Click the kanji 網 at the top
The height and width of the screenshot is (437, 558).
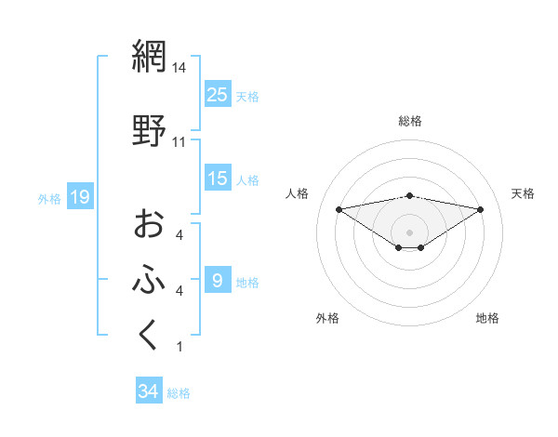coord(149,58)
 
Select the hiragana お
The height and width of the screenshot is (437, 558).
coord(149,224)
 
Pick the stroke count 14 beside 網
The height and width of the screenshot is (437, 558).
coord(179,69)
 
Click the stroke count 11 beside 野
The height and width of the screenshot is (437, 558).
coord(179,142)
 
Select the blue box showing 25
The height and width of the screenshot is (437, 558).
coord(217,94)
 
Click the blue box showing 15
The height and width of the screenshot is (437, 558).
coord(217,179)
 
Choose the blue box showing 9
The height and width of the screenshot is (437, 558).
coord(217,280)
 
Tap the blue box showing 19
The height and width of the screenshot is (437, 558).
coord(79,197)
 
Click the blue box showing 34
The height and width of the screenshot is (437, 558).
coord(148,391)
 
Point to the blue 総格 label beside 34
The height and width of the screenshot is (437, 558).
coord(179,393)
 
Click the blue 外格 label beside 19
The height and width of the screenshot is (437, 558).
coord(48,198)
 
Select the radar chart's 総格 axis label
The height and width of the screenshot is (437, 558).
coord(410,121)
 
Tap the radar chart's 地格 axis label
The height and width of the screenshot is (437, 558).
coord(487,318)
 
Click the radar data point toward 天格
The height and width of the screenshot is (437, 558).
coord(481,209)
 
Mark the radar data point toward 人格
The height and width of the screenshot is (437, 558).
coord(339,209)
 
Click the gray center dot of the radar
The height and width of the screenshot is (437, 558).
coord(410,232)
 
